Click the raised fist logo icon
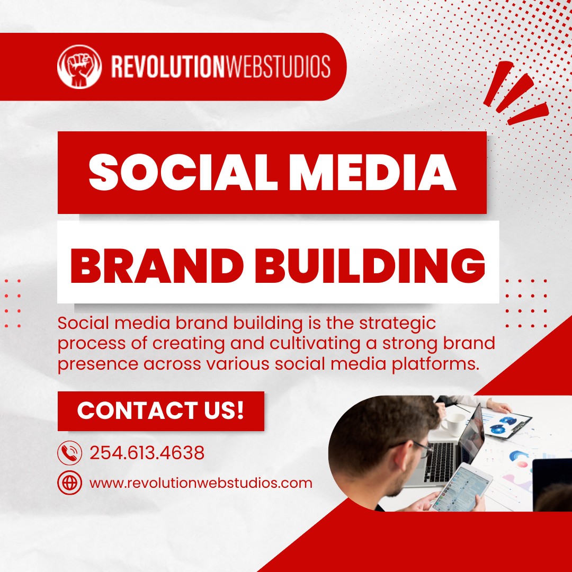click(x=79, y=67)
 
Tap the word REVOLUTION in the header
click(x=167, y=66)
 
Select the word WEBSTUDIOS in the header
click(x=277, y=66)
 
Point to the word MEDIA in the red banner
click(x=372, y=172)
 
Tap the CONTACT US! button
click(x=161, y=411)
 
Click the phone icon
click(x=69, y=453)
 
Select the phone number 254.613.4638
click(x=147, y=453)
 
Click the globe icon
click(x=69, y=482)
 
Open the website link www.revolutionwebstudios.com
click(x=201, y=483)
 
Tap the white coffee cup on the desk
click(x=453, y=424)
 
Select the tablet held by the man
click(x=461, y=487)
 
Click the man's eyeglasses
click(x=414, y=448)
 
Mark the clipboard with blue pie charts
click(x=506, y=424)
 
